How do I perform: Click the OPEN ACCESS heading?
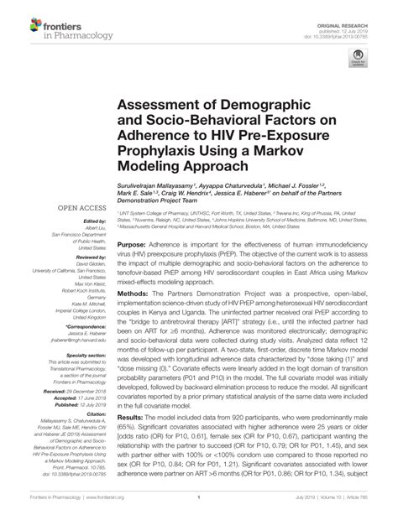pos(81,205)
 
